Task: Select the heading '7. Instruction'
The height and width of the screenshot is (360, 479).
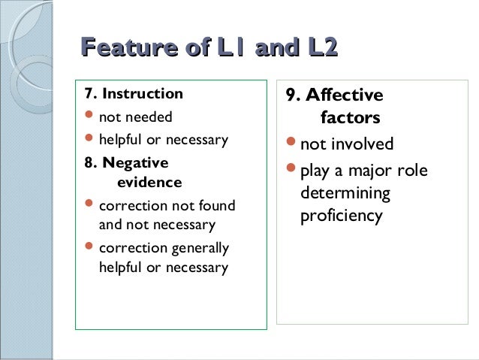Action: click(134, 95)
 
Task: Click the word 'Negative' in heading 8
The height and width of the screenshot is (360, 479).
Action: click(136, 163)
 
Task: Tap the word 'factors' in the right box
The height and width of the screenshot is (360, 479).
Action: click(350, 118)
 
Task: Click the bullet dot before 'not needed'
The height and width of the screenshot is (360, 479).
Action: click(89, 116)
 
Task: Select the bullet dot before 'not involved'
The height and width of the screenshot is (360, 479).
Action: click(291, 143)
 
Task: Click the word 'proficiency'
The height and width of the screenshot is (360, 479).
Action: click(342, 216)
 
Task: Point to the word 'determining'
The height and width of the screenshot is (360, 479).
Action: click(345, 193)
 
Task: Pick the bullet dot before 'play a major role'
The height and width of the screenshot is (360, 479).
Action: click(291, 169)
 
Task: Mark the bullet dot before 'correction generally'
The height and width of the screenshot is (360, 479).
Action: click(89, 247)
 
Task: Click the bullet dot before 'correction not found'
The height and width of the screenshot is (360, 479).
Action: click(89, 204)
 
